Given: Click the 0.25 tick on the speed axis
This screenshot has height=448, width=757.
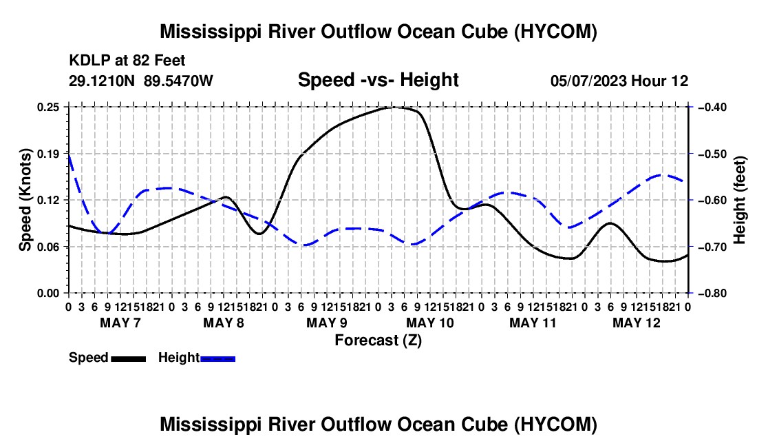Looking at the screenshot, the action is [48, 107].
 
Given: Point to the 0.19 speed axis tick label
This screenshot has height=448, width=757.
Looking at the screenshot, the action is [48, 154].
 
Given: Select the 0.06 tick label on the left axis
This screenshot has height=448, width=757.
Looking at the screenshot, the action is [48, 247].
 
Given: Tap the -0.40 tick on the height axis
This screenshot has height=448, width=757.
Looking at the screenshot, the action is [713, 107].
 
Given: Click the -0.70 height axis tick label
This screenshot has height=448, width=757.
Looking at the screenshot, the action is [713, 247].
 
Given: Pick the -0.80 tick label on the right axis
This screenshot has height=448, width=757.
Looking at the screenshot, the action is [713, 293].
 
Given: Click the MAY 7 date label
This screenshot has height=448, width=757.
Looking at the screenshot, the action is [120, 323].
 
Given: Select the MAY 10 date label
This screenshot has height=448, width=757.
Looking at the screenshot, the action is [430, 323].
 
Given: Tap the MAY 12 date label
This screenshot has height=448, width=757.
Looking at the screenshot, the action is [637, 323].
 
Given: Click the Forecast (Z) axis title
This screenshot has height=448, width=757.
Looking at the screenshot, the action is [378, 340].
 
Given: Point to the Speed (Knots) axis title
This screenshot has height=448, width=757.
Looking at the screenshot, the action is [25, 200].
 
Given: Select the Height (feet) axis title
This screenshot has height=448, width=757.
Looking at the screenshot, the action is [740, 200].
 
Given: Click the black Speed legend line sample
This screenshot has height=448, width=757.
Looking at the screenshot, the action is [129, 359].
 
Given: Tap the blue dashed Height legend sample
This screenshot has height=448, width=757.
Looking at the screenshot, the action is [217, 359].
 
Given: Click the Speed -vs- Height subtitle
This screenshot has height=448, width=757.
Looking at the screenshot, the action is [378, 80].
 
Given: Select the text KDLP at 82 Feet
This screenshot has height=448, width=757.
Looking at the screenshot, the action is [127, 61].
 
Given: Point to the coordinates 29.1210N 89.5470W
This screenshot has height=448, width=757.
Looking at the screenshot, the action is [141, 81].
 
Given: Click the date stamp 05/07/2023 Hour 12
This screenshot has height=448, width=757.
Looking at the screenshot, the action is [619, 81].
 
